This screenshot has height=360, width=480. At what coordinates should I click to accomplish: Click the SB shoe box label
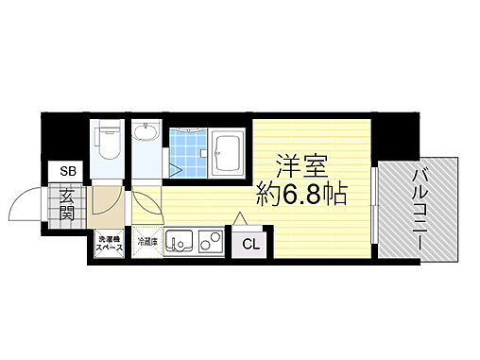tap(68, 172)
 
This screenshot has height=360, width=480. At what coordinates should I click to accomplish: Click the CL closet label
tap(250, 244)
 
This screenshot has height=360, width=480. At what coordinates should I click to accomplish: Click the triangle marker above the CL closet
tap(241, 219)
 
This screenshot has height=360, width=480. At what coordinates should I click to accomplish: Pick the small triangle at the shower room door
tap(177, 170)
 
